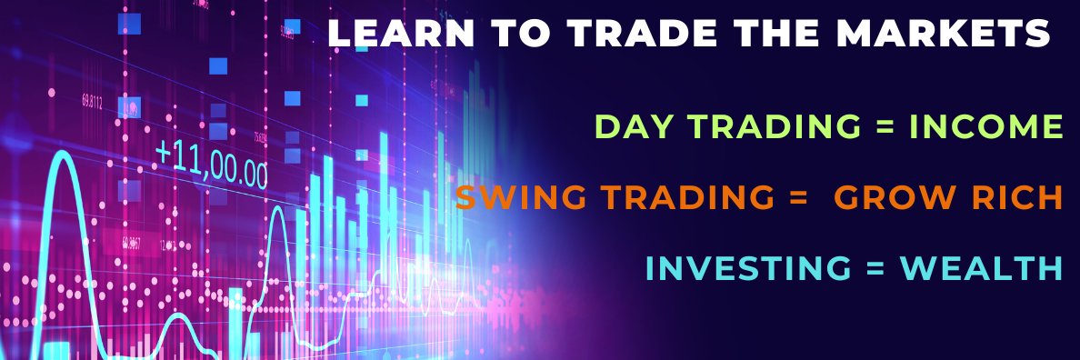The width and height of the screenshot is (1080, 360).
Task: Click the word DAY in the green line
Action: coord(624,128)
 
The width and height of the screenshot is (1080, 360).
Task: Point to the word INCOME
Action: coord(986,128)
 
